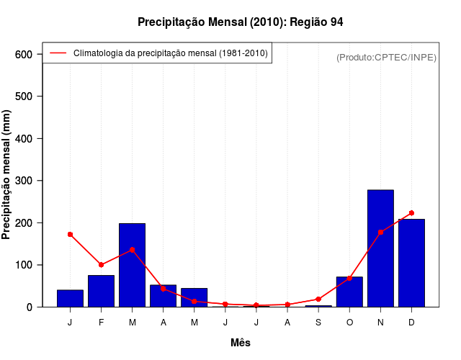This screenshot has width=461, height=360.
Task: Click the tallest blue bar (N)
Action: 380,248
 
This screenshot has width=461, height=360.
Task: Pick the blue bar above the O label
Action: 349,292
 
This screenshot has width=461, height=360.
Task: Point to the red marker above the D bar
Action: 411,213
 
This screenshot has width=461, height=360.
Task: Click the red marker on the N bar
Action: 380,232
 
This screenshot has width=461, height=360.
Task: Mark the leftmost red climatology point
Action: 70,234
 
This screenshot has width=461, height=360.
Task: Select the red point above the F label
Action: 101,265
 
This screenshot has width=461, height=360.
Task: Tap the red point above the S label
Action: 318,299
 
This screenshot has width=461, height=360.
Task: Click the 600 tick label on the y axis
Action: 24,54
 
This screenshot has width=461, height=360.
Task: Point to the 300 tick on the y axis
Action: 24,181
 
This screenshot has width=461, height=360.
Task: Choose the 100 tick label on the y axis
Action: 24,265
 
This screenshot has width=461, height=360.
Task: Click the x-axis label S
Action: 318,323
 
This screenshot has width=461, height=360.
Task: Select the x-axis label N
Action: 380,323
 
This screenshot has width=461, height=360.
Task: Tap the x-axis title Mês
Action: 241,343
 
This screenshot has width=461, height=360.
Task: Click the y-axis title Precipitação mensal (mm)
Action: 7,175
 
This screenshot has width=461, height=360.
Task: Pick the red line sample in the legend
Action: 58,53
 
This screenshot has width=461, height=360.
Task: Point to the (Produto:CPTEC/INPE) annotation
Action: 387,57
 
